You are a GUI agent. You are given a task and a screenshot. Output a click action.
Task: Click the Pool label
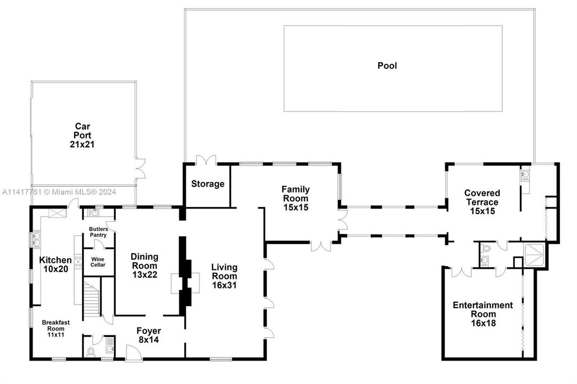click(387, 66)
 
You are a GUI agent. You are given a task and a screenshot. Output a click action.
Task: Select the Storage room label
click(208, 184)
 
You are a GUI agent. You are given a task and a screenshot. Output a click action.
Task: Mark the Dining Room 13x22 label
click(144, 266)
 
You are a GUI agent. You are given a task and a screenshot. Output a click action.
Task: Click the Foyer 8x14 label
click(148, 335)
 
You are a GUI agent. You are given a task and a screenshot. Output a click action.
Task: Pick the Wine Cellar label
click(98, 262)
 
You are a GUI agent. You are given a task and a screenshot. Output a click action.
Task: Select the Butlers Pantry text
click(98, 231)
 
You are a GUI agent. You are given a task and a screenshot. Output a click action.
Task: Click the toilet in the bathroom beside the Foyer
click(91, 351)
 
